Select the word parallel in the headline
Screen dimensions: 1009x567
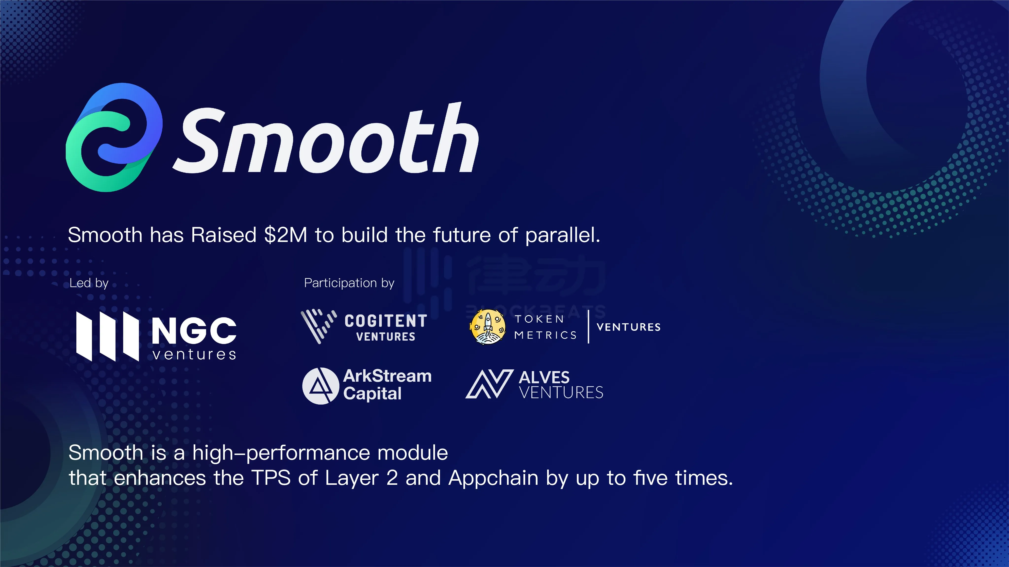[562, 236]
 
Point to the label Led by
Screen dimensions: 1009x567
[89, 283]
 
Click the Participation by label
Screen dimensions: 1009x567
[349, 283]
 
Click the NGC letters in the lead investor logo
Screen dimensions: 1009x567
[194, 330]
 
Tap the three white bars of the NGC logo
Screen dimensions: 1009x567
[107, 336]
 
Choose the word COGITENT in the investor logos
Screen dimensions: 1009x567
[386, 321]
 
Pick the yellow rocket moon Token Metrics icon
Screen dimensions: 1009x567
[488, 327]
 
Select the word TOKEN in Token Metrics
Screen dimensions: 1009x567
[539, 319]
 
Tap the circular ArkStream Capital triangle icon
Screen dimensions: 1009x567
[320, 386]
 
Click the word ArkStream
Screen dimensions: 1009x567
[387, 376]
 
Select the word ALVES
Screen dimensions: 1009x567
[544, 378]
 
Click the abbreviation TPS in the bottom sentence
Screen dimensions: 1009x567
[271, 478]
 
